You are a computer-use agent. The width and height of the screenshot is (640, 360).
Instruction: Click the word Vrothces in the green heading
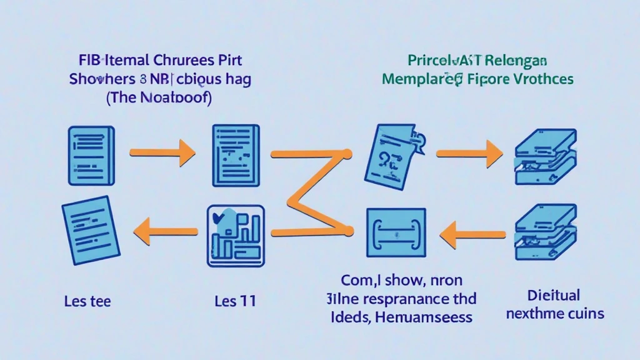pos(539,79)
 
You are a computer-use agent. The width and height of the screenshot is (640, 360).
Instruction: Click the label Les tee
pos(87,301)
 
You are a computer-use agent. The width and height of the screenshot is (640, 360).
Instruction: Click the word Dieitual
pos(554,294)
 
